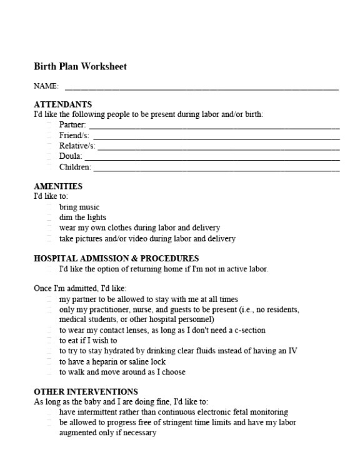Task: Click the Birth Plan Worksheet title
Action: point(80,66)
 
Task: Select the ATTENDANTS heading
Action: point(62,104)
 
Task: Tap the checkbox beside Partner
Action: point(49,125)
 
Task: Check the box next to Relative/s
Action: point(49,146)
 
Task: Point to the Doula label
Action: point(71,156)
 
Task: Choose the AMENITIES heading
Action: point(57,186)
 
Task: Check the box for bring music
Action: point(49,207)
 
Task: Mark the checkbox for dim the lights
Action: point(49,218)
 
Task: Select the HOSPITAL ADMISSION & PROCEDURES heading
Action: point(116,258)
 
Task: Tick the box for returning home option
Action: point(49,269)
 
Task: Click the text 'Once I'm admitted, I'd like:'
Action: point(80,288)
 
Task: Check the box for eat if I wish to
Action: point(49,341)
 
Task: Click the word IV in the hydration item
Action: point(292,351)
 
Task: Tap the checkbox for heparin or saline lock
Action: point(49,361)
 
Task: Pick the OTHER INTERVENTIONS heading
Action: point(86,392)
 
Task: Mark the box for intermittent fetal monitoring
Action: point(49,412)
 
